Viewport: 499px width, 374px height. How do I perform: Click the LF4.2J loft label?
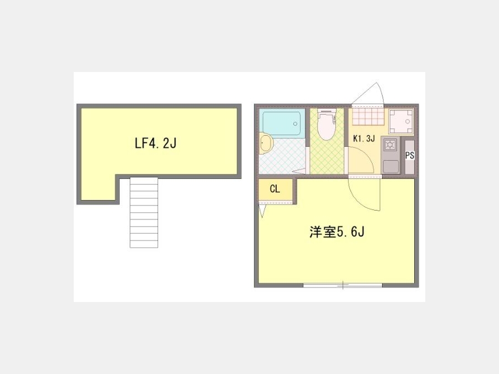[156, 144]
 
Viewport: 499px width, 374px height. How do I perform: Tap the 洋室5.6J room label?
[337, 232]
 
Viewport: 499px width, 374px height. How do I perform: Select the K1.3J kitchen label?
[364, 139]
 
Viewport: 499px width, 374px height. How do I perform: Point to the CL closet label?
[274, 189]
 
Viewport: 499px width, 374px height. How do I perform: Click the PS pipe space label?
[410, 156]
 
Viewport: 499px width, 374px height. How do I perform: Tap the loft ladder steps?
[144, 212]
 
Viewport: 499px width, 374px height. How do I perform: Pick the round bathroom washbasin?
[266, 143]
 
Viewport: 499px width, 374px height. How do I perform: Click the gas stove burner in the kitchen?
[390, 145]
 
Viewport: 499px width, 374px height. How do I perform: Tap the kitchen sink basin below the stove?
[391, 167]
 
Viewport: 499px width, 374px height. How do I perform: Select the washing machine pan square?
[401, 121]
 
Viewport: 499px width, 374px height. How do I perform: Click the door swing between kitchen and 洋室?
[364, 194]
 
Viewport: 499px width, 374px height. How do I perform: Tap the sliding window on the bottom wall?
[343, 285]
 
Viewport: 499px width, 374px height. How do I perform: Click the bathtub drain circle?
[296, 124]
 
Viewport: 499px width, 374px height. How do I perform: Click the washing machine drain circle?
[407, 121]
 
